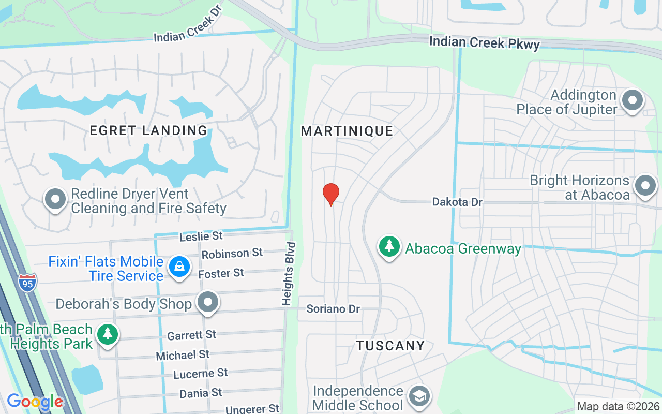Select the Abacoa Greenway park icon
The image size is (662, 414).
click(x=389, y=247)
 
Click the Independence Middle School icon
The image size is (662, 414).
click(x=418, y=397)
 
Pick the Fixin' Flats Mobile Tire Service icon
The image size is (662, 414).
click(x=179, y=267)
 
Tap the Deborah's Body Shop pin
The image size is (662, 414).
click(x=208, y=302)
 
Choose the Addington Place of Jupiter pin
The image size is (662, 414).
click(x=632, y=100)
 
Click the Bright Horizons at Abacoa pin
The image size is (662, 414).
click(x=645, y=186)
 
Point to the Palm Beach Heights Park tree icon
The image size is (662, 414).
click(x=107, y=334)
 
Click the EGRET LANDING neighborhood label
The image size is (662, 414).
click(x=148, y=130)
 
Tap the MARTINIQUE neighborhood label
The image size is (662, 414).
click(x=347, y=131)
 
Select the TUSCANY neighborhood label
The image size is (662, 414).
click(x=390, y=346)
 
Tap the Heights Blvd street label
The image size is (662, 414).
click(x=288, y=273)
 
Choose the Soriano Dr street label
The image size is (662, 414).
click(x=333, y=309)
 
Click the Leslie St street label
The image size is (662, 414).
click(x=201, y=236)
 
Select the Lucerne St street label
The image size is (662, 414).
click(x=200, y=374)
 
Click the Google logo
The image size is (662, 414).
click(x=35, y=402)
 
